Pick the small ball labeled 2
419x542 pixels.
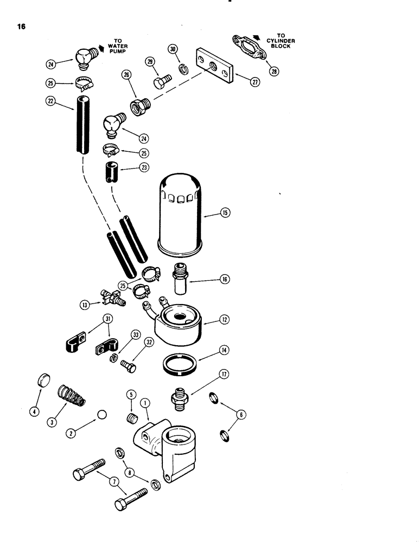click(100, 415)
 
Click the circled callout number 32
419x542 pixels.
click(148, 342)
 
